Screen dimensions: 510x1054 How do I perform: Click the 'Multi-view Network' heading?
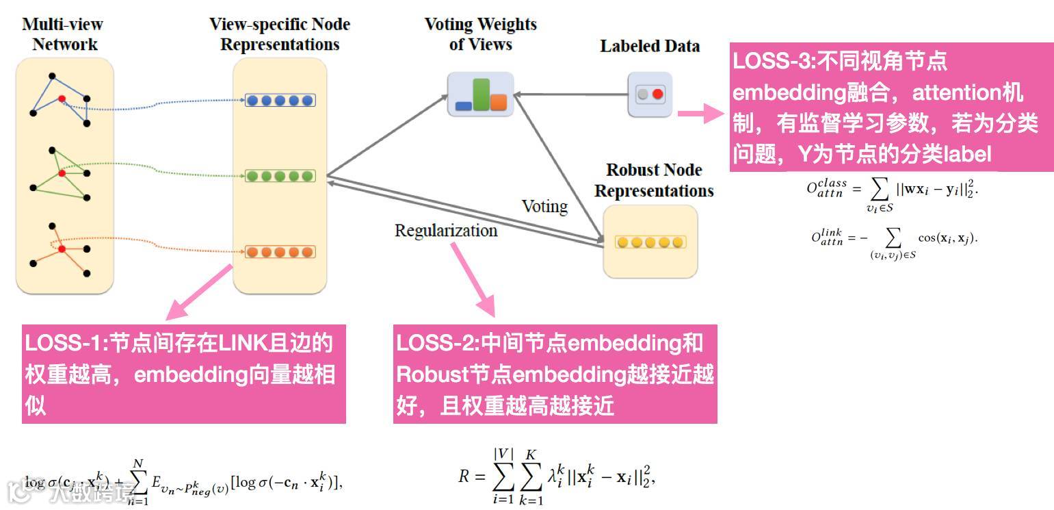click(x=64, y=35)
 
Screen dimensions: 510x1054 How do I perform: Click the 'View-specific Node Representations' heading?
click(x=280, y=35)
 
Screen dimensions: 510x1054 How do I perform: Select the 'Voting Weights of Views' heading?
click(x=480, y=35)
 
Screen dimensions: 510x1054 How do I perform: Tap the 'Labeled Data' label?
click(x=650, y=47)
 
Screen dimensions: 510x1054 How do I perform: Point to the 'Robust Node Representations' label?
click(x=654, y=180)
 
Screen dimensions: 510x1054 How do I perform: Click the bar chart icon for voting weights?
click(x=481, y=94)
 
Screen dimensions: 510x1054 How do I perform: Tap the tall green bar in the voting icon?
click(x=482, y=94)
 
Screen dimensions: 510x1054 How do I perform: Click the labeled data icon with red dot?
click(x=650, y=94)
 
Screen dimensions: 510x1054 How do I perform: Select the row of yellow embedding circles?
click(x=650, y=242)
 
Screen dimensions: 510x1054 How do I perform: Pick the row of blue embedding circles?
click(x=280, y=101)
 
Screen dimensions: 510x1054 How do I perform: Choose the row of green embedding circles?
click(x=280, y=176)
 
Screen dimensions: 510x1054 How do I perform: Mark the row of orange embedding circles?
click(x=280, y=251)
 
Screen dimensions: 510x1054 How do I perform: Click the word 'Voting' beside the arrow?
click(x=544, y=206)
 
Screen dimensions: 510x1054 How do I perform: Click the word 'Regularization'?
click(x=446, y=231)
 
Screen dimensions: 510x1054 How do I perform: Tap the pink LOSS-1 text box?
click(x=183, y=374)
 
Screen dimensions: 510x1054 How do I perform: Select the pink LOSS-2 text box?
click(x=555, y=374)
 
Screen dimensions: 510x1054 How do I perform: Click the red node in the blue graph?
click(x=62, y=99)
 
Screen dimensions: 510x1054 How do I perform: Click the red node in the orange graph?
click(x=62, y=249)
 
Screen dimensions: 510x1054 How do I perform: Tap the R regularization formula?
click(x=557, y=475)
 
